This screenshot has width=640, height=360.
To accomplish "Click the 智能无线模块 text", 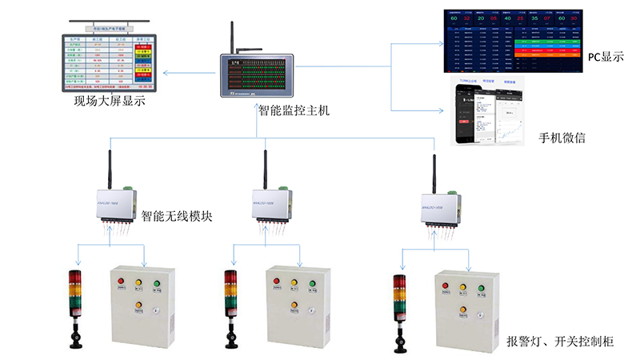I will [x=177, y=215].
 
